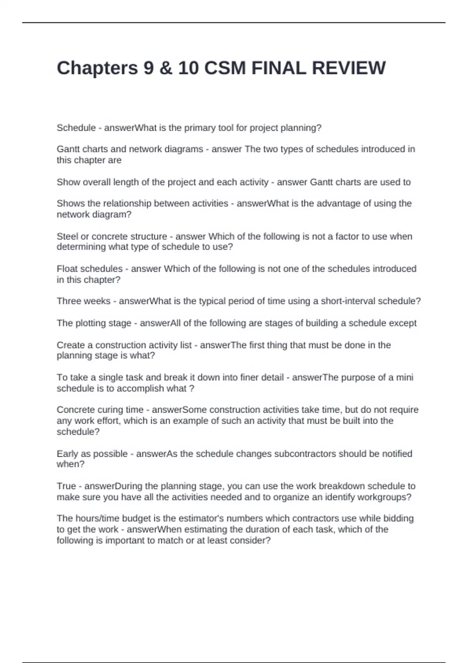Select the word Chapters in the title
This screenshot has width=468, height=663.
click(x=97, y=68)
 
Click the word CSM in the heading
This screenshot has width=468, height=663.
click(x=225, y=68)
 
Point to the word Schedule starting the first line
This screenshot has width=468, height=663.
click(x=76, y=128)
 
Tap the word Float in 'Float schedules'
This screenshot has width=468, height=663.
click(x=67, y=269)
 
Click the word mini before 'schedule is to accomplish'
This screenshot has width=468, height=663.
click(x=405, y=378)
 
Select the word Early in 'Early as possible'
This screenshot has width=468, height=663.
click(x=67, y=454)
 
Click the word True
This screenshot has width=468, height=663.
click(x=66, y=486)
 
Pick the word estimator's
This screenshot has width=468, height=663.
click(x=201, y=518)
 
